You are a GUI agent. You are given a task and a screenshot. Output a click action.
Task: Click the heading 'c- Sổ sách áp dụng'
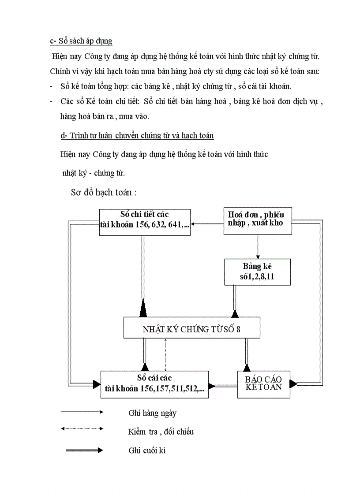(x=81, y=41)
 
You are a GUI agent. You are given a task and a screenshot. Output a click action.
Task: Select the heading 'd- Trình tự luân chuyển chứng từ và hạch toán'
(x=137, y=135)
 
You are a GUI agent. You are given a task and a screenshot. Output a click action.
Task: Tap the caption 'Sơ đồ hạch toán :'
(x=104, y=193)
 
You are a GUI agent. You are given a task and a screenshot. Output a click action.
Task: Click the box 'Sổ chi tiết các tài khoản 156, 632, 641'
(x=145, y=222)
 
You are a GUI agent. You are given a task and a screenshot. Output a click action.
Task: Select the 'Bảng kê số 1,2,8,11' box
(x=258, y=272)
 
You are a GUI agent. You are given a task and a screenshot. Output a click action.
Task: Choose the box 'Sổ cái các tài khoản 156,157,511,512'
(x=154, y=384)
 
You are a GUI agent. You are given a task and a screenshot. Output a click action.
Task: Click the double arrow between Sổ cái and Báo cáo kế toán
(x=223, y=385)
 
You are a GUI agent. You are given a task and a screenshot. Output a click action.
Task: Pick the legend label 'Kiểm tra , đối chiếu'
(x=161, y=432)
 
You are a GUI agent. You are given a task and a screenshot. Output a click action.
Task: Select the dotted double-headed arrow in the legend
(x=82, y=428)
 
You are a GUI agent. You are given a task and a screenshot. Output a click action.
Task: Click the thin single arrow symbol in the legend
(x=82, y=412)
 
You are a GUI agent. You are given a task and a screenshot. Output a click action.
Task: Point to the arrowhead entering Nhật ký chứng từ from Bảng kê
(x=235, y=313)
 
